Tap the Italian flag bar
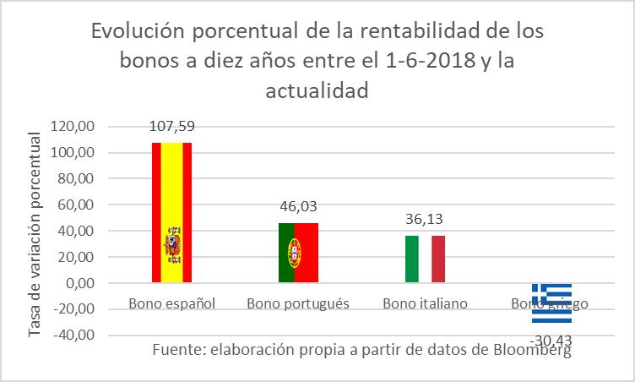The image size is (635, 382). pyautogui.click(x=424, y=259)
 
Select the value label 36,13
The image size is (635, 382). pyautogui.click(x=424, y=219)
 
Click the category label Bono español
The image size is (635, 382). pyautogui.click(x=172, y=303)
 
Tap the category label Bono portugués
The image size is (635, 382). pyautogui.click(x=298, y=303)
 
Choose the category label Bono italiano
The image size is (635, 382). pyautogui.click(x=425, y=303)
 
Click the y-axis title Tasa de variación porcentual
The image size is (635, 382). pyautogui.click(x=35, y=232)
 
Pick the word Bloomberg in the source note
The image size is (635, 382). pyautogui.click(x=533, y=350)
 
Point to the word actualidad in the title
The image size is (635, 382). pyautogui.click(x=317, y=90)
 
